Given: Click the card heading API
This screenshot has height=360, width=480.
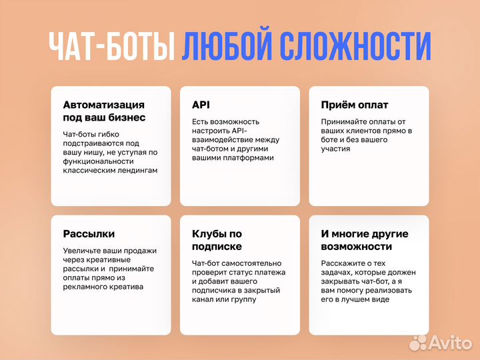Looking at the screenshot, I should [x=201, y=105].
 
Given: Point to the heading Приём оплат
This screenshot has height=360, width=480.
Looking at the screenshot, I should [x=355, y=105].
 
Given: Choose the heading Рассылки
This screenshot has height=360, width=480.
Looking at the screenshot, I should [x=89, y=234].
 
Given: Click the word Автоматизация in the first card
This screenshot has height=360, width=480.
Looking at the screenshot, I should [x=103, y=105].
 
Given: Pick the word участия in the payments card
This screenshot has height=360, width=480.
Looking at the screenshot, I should [x=336, y=149].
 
